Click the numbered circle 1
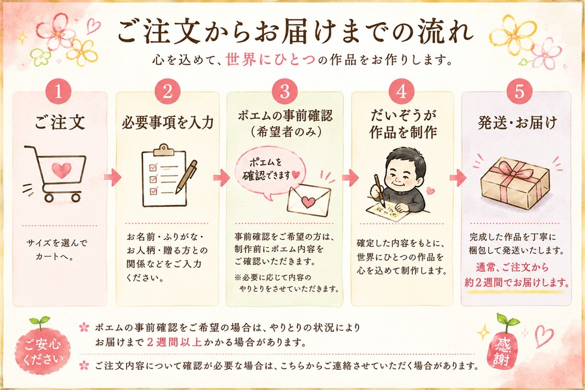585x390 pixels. (58, 92)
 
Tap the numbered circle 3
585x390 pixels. (285, 92)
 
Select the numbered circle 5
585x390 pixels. (520, 92)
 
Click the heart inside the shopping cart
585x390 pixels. (61, 170)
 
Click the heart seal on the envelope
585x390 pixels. (308, 202)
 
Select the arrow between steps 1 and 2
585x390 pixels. (113, 177)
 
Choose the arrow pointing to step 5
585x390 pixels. (458, 177)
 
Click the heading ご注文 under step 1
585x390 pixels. (60, 122)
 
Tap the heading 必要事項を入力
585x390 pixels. (168, 122)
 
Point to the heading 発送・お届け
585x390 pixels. (517, 122)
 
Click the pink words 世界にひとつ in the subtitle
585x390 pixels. (270, 60)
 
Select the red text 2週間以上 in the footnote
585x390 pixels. (174, 342)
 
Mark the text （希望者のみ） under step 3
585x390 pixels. (285, 132)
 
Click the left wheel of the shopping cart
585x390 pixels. (49, 197)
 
